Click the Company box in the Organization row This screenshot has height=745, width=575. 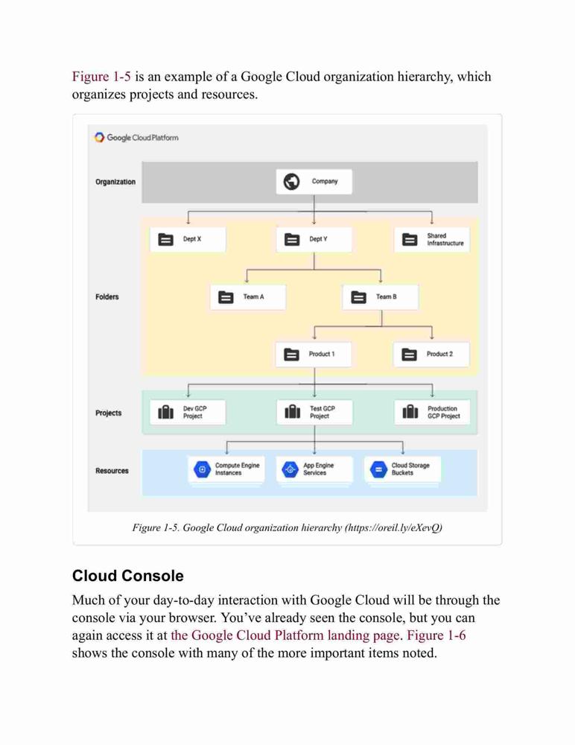tap(314, 182)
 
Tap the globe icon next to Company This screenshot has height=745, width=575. tap(292, 182)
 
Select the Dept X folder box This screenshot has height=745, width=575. tap(188, 239)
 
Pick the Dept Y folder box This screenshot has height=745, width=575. tap(314, 239)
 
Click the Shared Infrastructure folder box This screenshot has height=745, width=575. tap(432, 239)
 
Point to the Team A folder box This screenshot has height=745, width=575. tap(248, 297)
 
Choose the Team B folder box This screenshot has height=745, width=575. tap(381, 297)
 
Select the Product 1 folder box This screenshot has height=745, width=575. tap(314, 355)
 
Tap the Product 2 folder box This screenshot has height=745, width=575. tap(431, 355)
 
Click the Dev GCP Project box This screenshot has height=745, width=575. tap(188, 412)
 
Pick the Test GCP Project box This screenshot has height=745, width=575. tap(314, 412)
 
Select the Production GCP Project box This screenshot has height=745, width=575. tap(433, 412)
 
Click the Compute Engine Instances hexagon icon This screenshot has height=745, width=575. tap(203, 469)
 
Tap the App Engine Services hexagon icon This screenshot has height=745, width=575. tap(290, 469)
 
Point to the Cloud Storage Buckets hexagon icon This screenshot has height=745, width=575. tap(378, 469)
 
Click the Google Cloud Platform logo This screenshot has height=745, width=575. tap(137, 137)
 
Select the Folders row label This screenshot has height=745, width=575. tap(107, 297)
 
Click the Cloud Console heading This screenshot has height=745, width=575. tap(128, 576)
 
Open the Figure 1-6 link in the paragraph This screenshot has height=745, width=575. tap(436, 635)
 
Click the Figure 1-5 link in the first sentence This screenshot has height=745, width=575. tap(101, 77)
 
